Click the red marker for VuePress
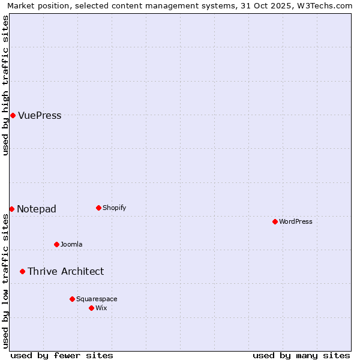[13, 115]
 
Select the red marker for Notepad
[11, 209]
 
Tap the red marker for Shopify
[98, 208]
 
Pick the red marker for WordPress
[275, 221]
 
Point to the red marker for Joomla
[56, 244]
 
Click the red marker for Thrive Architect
[22, 271]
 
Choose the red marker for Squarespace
[72, 299]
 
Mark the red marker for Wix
[91, 308]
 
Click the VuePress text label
[40, 116]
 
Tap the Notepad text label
[37, 209]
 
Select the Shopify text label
[115, 208]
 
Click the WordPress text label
[296, 222]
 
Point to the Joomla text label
[71, 245]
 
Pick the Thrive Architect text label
[65, 272]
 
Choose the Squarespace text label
[97, 299]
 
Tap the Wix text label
[101, 308]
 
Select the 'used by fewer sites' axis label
[62, 355]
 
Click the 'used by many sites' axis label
[301, 355]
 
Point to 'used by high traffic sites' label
[5, 85]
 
